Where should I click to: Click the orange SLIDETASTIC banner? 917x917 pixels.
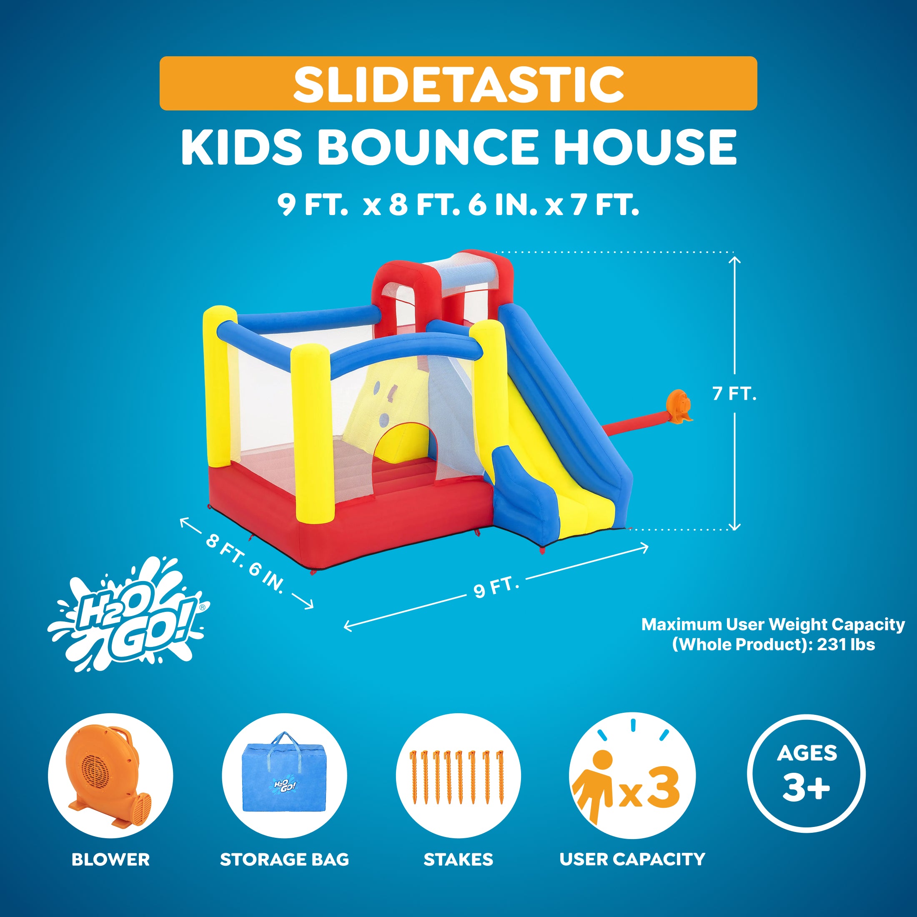click(458, 83)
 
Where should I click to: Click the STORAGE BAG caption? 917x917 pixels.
click(284, 859)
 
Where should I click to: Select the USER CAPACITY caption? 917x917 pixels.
click(632, 859)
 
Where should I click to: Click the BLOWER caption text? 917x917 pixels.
click(110, 859)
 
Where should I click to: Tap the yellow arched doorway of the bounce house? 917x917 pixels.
click(403, 444)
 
